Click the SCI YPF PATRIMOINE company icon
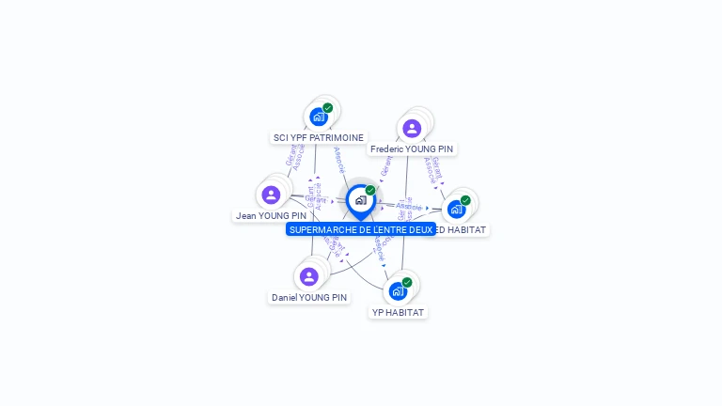(x=319, y=117)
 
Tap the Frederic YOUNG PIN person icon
(x=412, y=129)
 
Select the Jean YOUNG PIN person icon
(x=272, y=195)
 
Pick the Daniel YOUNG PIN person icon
(x=309, y=276)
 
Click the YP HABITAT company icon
(x=398, y=290)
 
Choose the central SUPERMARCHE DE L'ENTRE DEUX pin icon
(x=360, y=200)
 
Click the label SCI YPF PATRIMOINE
(x=318, y=137)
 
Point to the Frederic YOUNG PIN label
(x=412, y=149)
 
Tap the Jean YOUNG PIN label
(x=271, y=216)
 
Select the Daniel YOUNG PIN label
(x=309, y=298)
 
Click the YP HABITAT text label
(x=398, y=312)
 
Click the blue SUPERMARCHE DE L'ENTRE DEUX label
(x=361, y=229)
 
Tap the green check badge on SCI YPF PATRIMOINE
(x=327, y=108)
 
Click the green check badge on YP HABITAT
(x=407, y=282)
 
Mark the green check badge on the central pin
(x=370, y=190)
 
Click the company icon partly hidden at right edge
(x=457, y=209)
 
